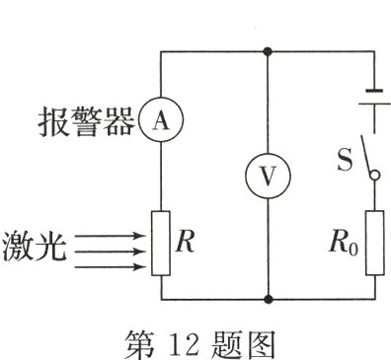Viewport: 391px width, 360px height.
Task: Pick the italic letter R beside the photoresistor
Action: [184, 243]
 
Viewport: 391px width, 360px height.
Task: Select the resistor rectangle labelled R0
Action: [374, 243]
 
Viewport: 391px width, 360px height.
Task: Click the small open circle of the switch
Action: [374, 175]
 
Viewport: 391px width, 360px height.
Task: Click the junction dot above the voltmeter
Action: [267, 50]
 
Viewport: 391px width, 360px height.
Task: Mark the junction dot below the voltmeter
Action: [267, 298]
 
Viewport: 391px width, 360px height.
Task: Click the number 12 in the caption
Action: [192, 340]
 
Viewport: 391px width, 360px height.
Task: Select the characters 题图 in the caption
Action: [248, 340]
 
